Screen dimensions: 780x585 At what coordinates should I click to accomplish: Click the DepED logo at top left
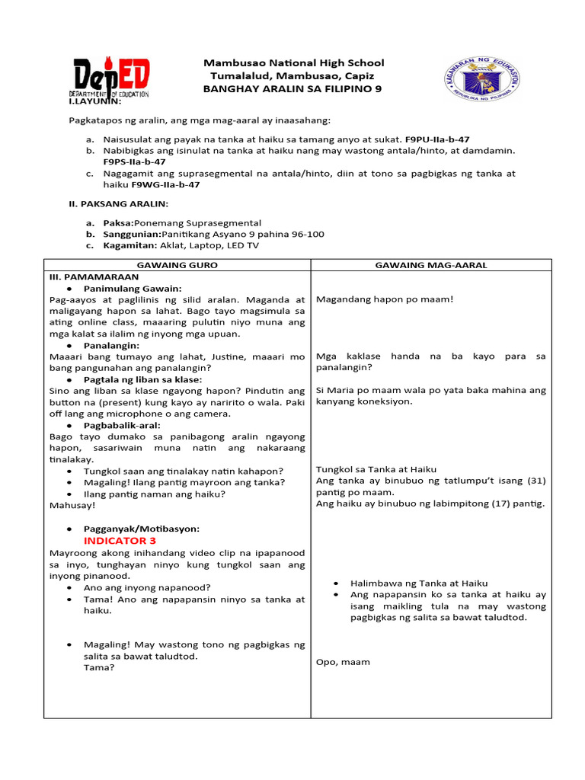coord(111,78)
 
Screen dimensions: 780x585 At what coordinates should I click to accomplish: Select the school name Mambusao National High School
coord(292,62)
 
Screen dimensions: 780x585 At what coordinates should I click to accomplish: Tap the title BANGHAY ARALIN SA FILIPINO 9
coord(292,89)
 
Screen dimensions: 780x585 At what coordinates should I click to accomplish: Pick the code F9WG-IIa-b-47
coord(165,184)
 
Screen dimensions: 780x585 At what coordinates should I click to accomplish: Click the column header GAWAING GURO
coord(177,264)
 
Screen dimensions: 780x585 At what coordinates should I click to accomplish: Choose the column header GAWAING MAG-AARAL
coord(431,264)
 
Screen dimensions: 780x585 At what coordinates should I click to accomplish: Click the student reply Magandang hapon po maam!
coord(384,299)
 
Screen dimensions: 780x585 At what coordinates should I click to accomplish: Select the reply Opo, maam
coord(343,662)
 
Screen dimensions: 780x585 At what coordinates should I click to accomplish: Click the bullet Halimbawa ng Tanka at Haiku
coord(419,583)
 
